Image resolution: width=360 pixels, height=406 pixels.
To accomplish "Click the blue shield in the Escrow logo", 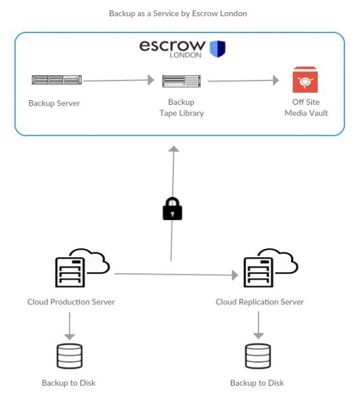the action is click(217, 49).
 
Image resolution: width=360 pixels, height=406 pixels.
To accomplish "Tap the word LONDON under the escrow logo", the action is click(185, 55).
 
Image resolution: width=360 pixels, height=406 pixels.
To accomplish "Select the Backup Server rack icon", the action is click(57, 79).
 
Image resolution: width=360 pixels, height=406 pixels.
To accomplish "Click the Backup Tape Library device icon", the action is click(181, 81).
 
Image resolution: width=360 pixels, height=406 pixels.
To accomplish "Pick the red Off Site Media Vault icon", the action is click(305, 79).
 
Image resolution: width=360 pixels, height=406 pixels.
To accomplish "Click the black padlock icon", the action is click(173, 208).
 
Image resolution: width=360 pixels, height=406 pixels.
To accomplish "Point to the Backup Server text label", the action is click(54, 104).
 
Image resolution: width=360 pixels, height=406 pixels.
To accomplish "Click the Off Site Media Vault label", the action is click(306, 108).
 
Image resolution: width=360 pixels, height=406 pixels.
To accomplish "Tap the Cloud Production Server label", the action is click(71, 302).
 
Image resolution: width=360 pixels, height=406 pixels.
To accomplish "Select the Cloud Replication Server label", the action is click(259, 302).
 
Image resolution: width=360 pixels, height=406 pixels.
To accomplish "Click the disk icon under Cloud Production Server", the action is click(70, 356).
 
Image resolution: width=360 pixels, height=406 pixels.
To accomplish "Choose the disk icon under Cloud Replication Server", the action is click(258, 356).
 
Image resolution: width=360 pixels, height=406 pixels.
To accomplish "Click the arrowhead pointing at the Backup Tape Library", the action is click(151, 80).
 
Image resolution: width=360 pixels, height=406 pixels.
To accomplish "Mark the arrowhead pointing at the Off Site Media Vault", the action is click(276, 81).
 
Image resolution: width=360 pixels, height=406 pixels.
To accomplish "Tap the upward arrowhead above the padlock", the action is click(173, 149).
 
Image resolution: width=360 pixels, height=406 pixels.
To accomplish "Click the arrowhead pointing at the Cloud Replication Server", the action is click(235, 275).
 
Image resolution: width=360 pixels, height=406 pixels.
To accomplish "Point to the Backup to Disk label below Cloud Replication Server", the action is click(257, 383).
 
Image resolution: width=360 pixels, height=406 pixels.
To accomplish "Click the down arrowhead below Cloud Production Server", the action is click(70, 337).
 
